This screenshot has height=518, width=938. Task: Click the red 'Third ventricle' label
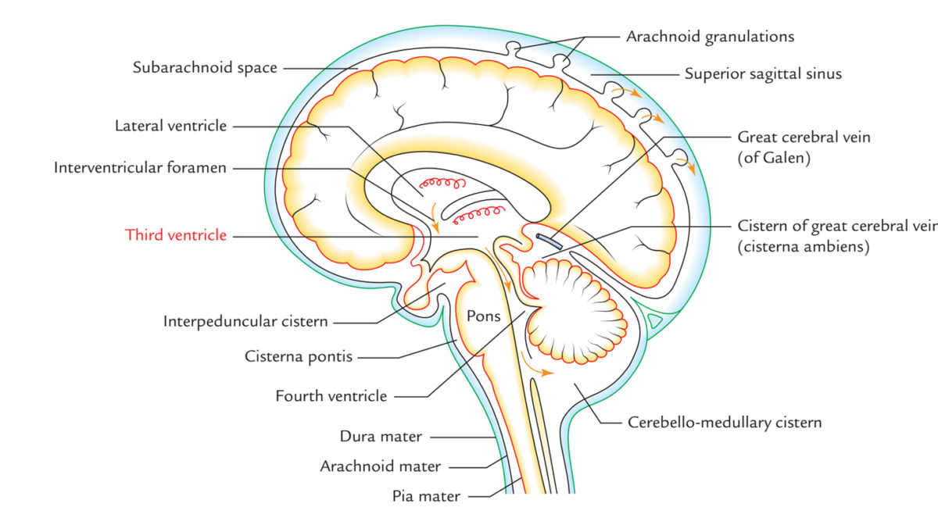[x=176, y=234]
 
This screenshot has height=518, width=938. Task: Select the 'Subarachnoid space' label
[x=205, y=68]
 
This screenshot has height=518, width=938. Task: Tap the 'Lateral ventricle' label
[x=170, y=125]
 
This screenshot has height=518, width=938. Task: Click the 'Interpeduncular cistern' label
[x=245, y=321]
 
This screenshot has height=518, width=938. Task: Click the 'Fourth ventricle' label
[x=331, y=396]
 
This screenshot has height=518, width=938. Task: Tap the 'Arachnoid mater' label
[x=381, y=466]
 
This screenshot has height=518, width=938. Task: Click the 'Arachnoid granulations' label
[x=710, y=37]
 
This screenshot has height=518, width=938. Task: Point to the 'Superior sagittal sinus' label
[x=763, y=74]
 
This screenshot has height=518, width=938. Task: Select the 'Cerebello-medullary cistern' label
[x=725, y=423]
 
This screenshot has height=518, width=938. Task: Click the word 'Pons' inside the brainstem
[x=483, y=316]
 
